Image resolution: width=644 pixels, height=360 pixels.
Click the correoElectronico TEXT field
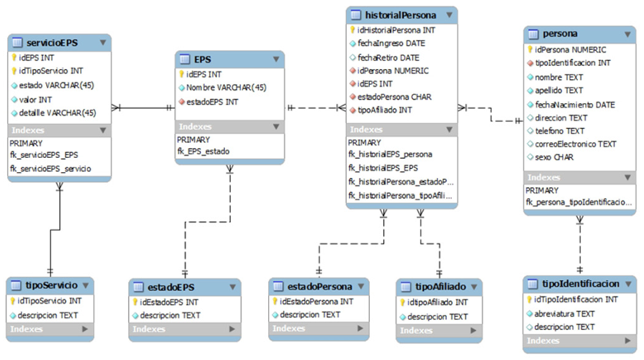(x=576, y=144)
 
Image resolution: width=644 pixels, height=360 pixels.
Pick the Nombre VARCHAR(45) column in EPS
(x=226, y=88)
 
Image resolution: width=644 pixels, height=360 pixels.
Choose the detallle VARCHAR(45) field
(x=57, y=113)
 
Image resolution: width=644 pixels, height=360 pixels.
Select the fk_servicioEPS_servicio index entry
(x=51, y=168)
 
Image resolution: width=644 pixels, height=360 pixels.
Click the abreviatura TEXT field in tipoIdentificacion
(x=563, y=313)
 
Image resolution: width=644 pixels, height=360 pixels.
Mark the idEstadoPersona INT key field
(x=315, y=302)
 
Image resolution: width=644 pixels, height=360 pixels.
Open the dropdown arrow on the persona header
(x=623, y=34)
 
